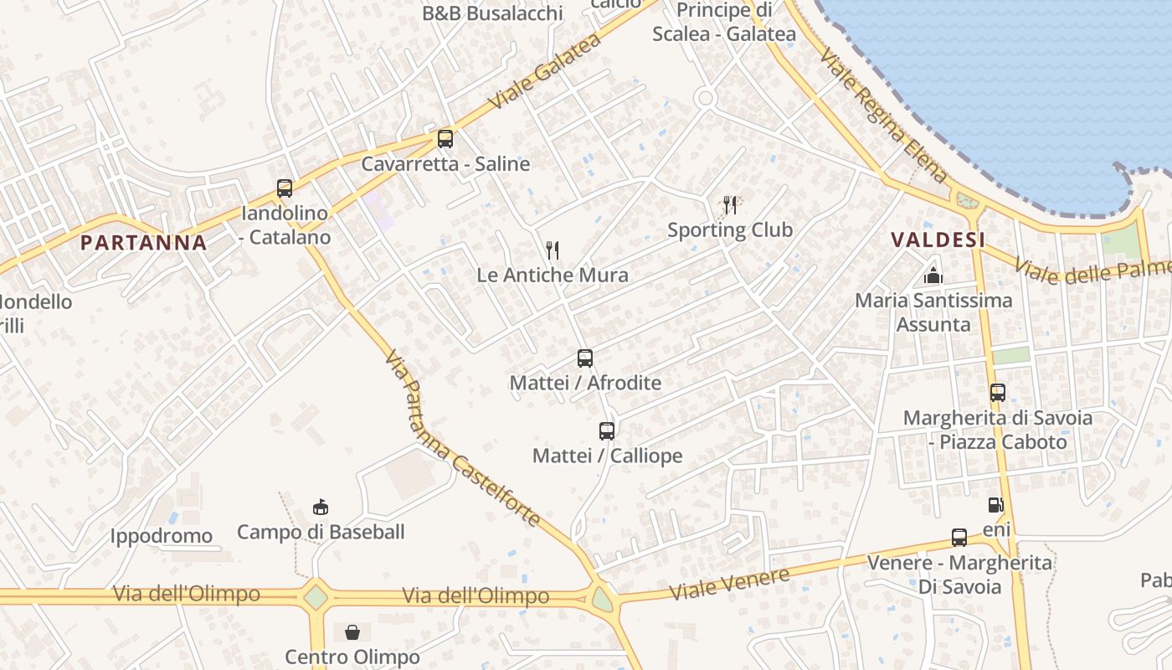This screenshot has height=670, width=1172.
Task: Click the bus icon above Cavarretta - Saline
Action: click(x=445, y=139)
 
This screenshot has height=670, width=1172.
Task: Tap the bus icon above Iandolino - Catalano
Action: click(x=285, y=188)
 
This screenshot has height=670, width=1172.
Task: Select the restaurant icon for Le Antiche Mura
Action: click(x=552, y=250)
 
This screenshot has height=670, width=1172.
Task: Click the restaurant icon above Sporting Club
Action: click(x=730, y=204)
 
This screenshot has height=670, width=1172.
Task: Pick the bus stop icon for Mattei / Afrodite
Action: click(x=585, y=358)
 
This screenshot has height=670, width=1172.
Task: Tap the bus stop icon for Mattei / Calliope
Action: click(x=607, y=431)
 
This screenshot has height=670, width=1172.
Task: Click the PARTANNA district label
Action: click(x=143, y=243)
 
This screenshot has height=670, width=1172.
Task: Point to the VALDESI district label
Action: click(x=938, y=240)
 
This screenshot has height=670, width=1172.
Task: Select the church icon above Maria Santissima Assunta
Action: click(x=933, y=275)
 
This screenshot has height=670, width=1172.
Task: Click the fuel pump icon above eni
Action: click(x=995, y=504)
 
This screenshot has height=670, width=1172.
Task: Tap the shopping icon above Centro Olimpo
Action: click(x=352, y=631)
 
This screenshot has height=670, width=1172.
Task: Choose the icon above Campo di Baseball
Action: click(x=320, y=507)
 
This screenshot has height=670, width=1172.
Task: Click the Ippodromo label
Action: click(x=162, y=536)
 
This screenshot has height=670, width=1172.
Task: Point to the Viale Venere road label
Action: click(x=729, y=583)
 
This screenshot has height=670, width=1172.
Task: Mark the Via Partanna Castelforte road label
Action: click(x=462, y=438)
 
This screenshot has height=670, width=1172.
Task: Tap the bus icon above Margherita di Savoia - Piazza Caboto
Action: click(x=997, y=392)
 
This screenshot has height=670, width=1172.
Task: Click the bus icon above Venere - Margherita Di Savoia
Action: click(x=959, y=538)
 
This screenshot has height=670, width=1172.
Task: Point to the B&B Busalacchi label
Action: click(x=492, y=13)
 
